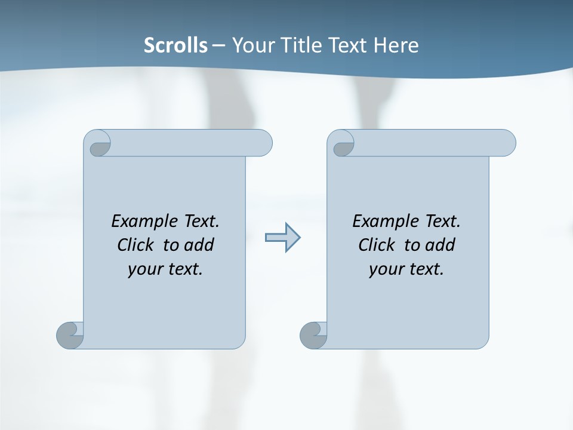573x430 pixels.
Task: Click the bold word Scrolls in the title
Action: pos(176,45)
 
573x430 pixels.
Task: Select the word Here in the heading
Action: pos(396,45)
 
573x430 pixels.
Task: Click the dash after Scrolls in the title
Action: pos(219,45)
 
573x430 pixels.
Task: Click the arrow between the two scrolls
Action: pos(282,238)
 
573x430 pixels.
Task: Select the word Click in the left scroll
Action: pos(137,245)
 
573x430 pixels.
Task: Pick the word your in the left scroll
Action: pos(144,269)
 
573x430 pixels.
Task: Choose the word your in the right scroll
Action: pos(385,269)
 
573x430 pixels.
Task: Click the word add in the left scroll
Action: pos(199,245)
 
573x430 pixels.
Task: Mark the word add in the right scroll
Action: pos(440,245)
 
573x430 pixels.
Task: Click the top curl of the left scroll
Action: pos(98,144)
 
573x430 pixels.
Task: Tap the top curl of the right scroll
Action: pos(342,144)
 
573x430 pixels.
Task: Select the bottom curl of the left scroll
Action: pos(69,334)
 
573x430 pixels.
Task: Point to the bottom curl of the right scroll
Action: pos(313,334)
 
